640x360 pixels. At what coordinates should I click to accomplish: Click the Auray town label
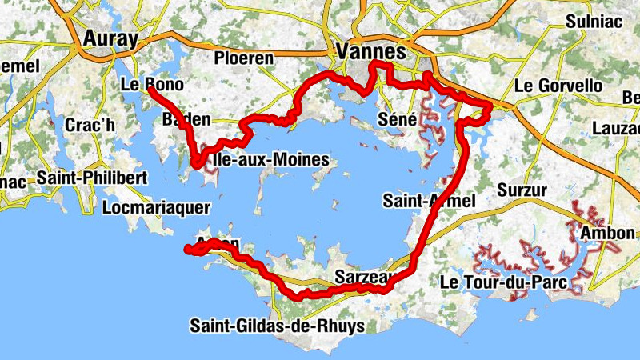click(x=110, y=39)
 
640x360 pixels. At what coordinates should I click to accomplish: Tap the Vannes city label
click(x=373, y=51)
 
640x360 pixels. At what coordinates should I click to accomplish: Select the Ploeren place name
click(x=244, y=58)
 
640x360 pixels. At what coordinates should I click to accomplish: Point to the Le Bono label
click(x=152, y=85)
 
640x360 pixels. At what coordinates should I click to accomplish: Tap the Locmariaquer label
click(x=157, y=207)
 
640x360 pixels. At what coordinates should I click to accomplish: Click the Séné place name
click(x=396, y=120)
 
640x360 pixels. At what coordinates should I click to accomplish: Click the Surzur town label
click(x=521, y=190)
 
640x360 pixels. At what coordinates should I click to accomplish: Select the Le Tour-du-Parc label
click(x=503, y=282)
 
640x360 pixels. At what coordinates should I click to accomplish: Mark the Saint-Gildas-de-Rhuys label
click(x=278, y=326)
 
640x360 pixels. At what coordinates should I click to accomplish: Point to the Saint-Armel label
click(x=429, y=199)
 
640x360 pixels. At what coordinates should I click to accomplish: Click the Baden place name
click(x=186, y=120)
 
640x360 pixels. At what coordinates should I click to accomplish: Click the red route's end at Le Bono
click(x=150, y=90)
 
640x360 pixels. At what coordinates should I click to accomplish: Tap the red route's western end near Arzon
click(x=188, y=250)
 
